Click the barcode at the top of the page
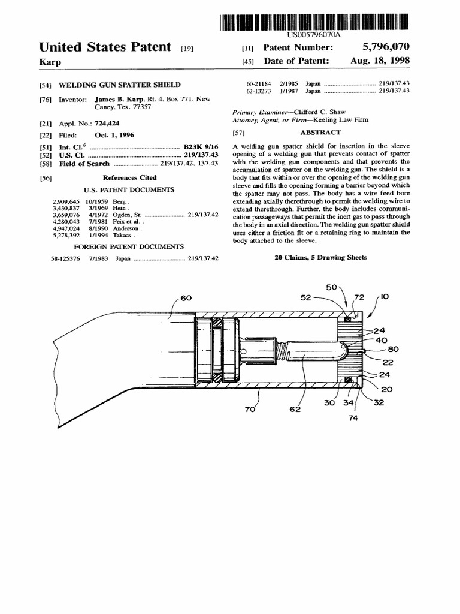[x=314, y=22]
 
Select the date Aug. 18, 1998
[x=380, y=61]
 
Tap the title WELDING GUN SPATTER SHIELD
[x=120, y=85]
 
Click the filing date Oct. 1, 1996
[x=114, y=135]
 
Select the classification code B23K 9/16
[x=201, y=147]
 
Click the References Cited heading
[x=129, y=178]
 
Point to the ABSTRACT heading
[x=320, y=133]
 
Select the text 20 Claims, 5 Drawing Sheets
[x=320, y=257]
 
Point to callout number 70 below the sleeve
[x=250, y=410]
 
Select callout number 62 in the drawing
[x=295, y=410]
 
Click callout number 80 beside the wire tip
[x=393, y=350]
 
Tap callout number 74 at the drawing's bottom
[x=352, y=419]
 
